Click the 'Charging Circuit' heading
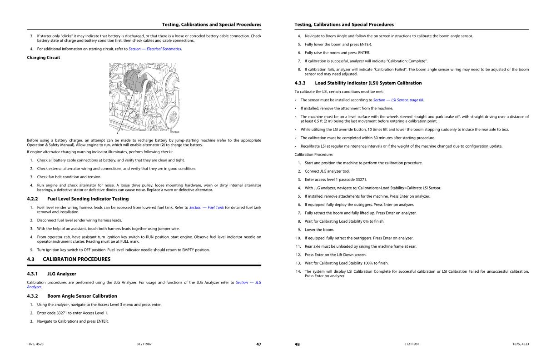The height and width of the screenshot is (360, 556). pos(44,58)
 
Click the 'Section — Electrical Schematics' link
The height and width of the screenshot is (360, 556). pos(155,49)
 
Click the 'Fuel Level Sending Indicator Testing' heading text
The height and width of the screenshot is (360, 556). pos(88,199)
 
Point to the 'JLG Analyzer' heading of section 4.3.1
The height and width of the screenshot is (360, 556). pos(62,274)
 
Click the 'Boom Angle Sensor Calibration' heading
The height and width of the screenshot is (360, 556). pos(82,296)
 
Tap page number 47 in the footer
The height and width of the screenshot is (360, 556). pos(258,344)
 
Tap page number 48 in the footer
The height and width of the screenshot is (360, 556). pos(297,344)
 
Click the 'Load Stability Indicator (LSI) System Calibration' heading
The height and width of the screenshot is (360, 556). pos(368,83)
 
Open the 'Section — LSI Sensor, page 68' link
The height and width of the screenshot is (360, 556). pos(398,100)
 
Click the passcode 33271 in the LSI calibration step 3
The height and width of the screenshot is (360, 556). pos(361,180)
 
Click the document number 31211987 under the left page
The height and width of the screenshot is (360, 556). pos(144,344)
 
